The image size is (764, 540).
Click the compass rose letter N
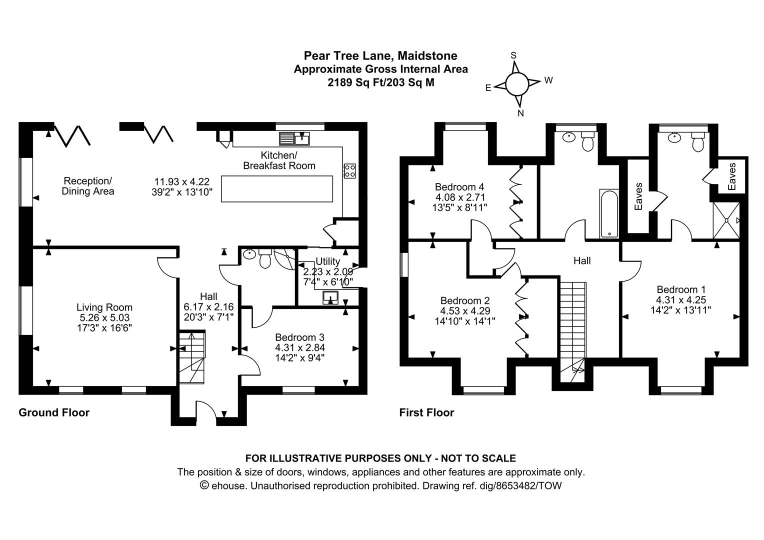coord(520,113)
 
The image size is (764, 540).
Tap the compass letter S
coord(513,55)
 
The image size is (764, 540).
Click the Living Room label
coord(104,307)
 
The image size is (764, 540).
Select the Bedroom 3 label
coord(300,337)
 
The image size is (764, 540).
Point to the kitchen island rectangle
coord(277,189)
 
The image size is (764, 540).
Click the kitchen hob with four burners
coord(349,171)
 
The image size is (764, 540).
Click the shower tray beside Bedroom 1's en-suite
coord(726,220)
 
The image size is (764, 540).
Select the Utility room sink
coord(330,297)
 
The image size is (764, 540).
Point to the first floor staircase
coord(573,331)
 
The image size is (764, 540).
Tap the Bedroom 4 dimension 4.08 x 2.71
coord(460,197)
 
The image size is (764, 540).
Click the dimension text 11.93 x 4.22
coord(182,181)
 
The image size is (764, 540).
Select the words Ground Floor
coord(54,412)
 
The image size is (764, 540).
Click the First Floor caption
coord(426,412)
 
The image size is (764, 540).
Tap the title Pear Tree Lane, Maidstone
coord(380,55)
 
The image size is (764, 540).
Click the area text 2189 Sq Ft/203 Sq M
coord(381,82)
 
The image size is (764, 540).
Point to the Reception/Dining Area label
coord(87,186)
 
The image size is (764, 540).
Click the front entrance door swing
coord(206,408)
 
